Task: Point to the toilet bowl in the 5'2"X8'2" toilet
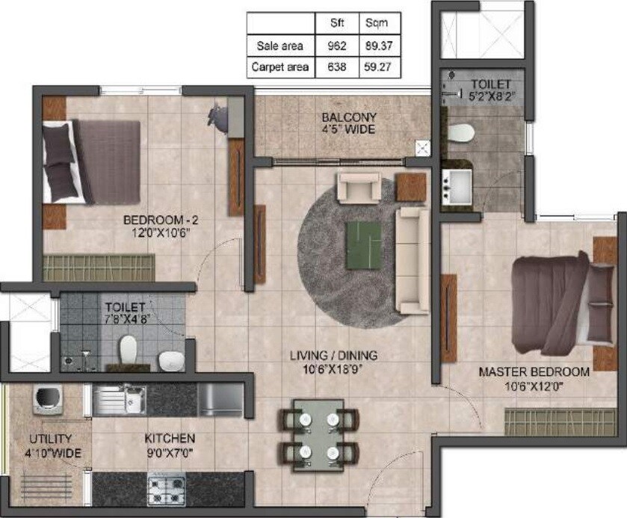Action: click(461, 132)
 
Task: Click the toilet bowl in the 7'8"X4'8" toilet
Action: click(129, 350)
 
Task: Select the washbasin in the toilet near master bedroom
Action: click(457, 186)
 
